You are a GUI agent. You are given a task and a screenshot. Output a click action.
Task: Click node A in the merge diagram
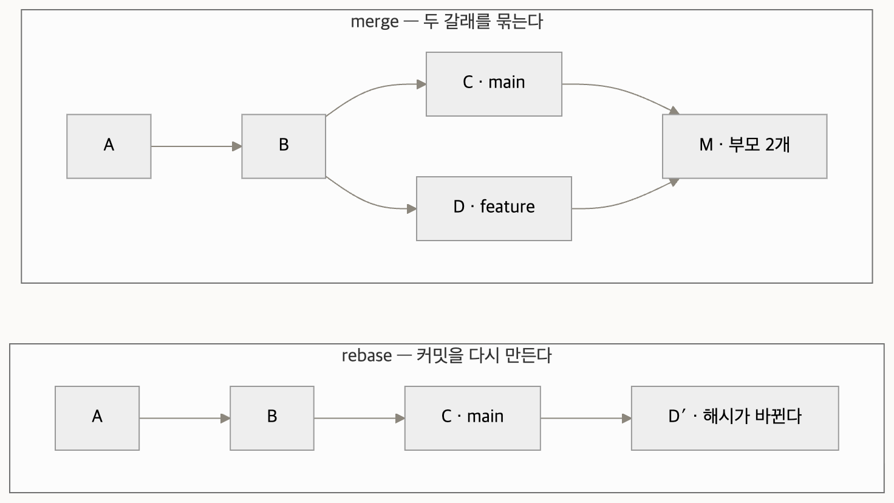pyautogui.click(x=109, y=146)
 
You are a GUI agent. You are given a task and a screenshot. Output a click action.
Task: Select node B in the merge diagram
pyautogui.click(x=284, y=146)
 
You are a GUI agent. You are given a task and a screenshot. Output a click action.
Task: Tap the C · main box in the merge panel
pyautogui.click(x=494, y=84)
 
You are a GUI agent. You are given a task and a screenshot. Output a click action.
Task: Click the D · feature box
pyautogui.click(x=494, y=209)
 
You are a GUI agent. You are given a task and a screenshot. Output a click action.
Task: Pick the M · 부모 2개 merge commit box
pyautogui.click(x=745, y=146)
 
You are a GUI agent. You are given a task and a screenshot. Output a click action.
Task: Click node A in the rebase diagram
pyautogui.click(x=97, y=419)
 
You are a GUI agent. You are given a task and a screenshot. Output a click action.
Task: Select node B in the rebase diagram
pyautogui.click(x=272, y=419)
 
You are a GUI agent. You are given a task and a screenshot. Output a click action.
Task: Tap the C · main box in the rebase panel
pyautogui.click(x=473, y=419)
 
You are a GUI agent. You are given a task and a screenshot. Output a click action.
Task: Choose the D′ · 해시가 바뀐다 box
pyautogui.click(x=735, y=419)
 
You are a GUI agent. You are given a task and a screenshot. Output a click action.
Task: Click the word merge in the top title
pyautogui.click(x=374, y=22)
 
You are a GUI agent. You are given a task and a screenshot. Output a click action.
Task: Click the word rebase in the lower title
pyautogui.click(x=367, y=356)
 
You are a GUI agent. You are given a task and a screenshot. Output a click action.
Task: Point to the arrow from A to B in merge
pyautogui.click(x=196, y=146)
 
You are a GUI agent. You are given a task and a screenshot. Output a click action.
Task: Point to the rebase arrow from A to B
pyautogui.click(x=185, y=419)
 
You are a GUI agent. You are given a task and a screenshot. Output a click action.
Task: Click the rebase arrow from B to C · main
pyautogui.click(x=360, y=419)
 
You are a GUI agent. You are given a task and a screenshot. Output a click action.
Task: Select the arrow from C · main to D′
pyautogui.click(x=586, y=419)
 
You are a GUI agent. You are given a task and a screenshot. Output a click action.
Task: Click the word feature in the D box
pyautogui.click(x=508, y=207)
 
